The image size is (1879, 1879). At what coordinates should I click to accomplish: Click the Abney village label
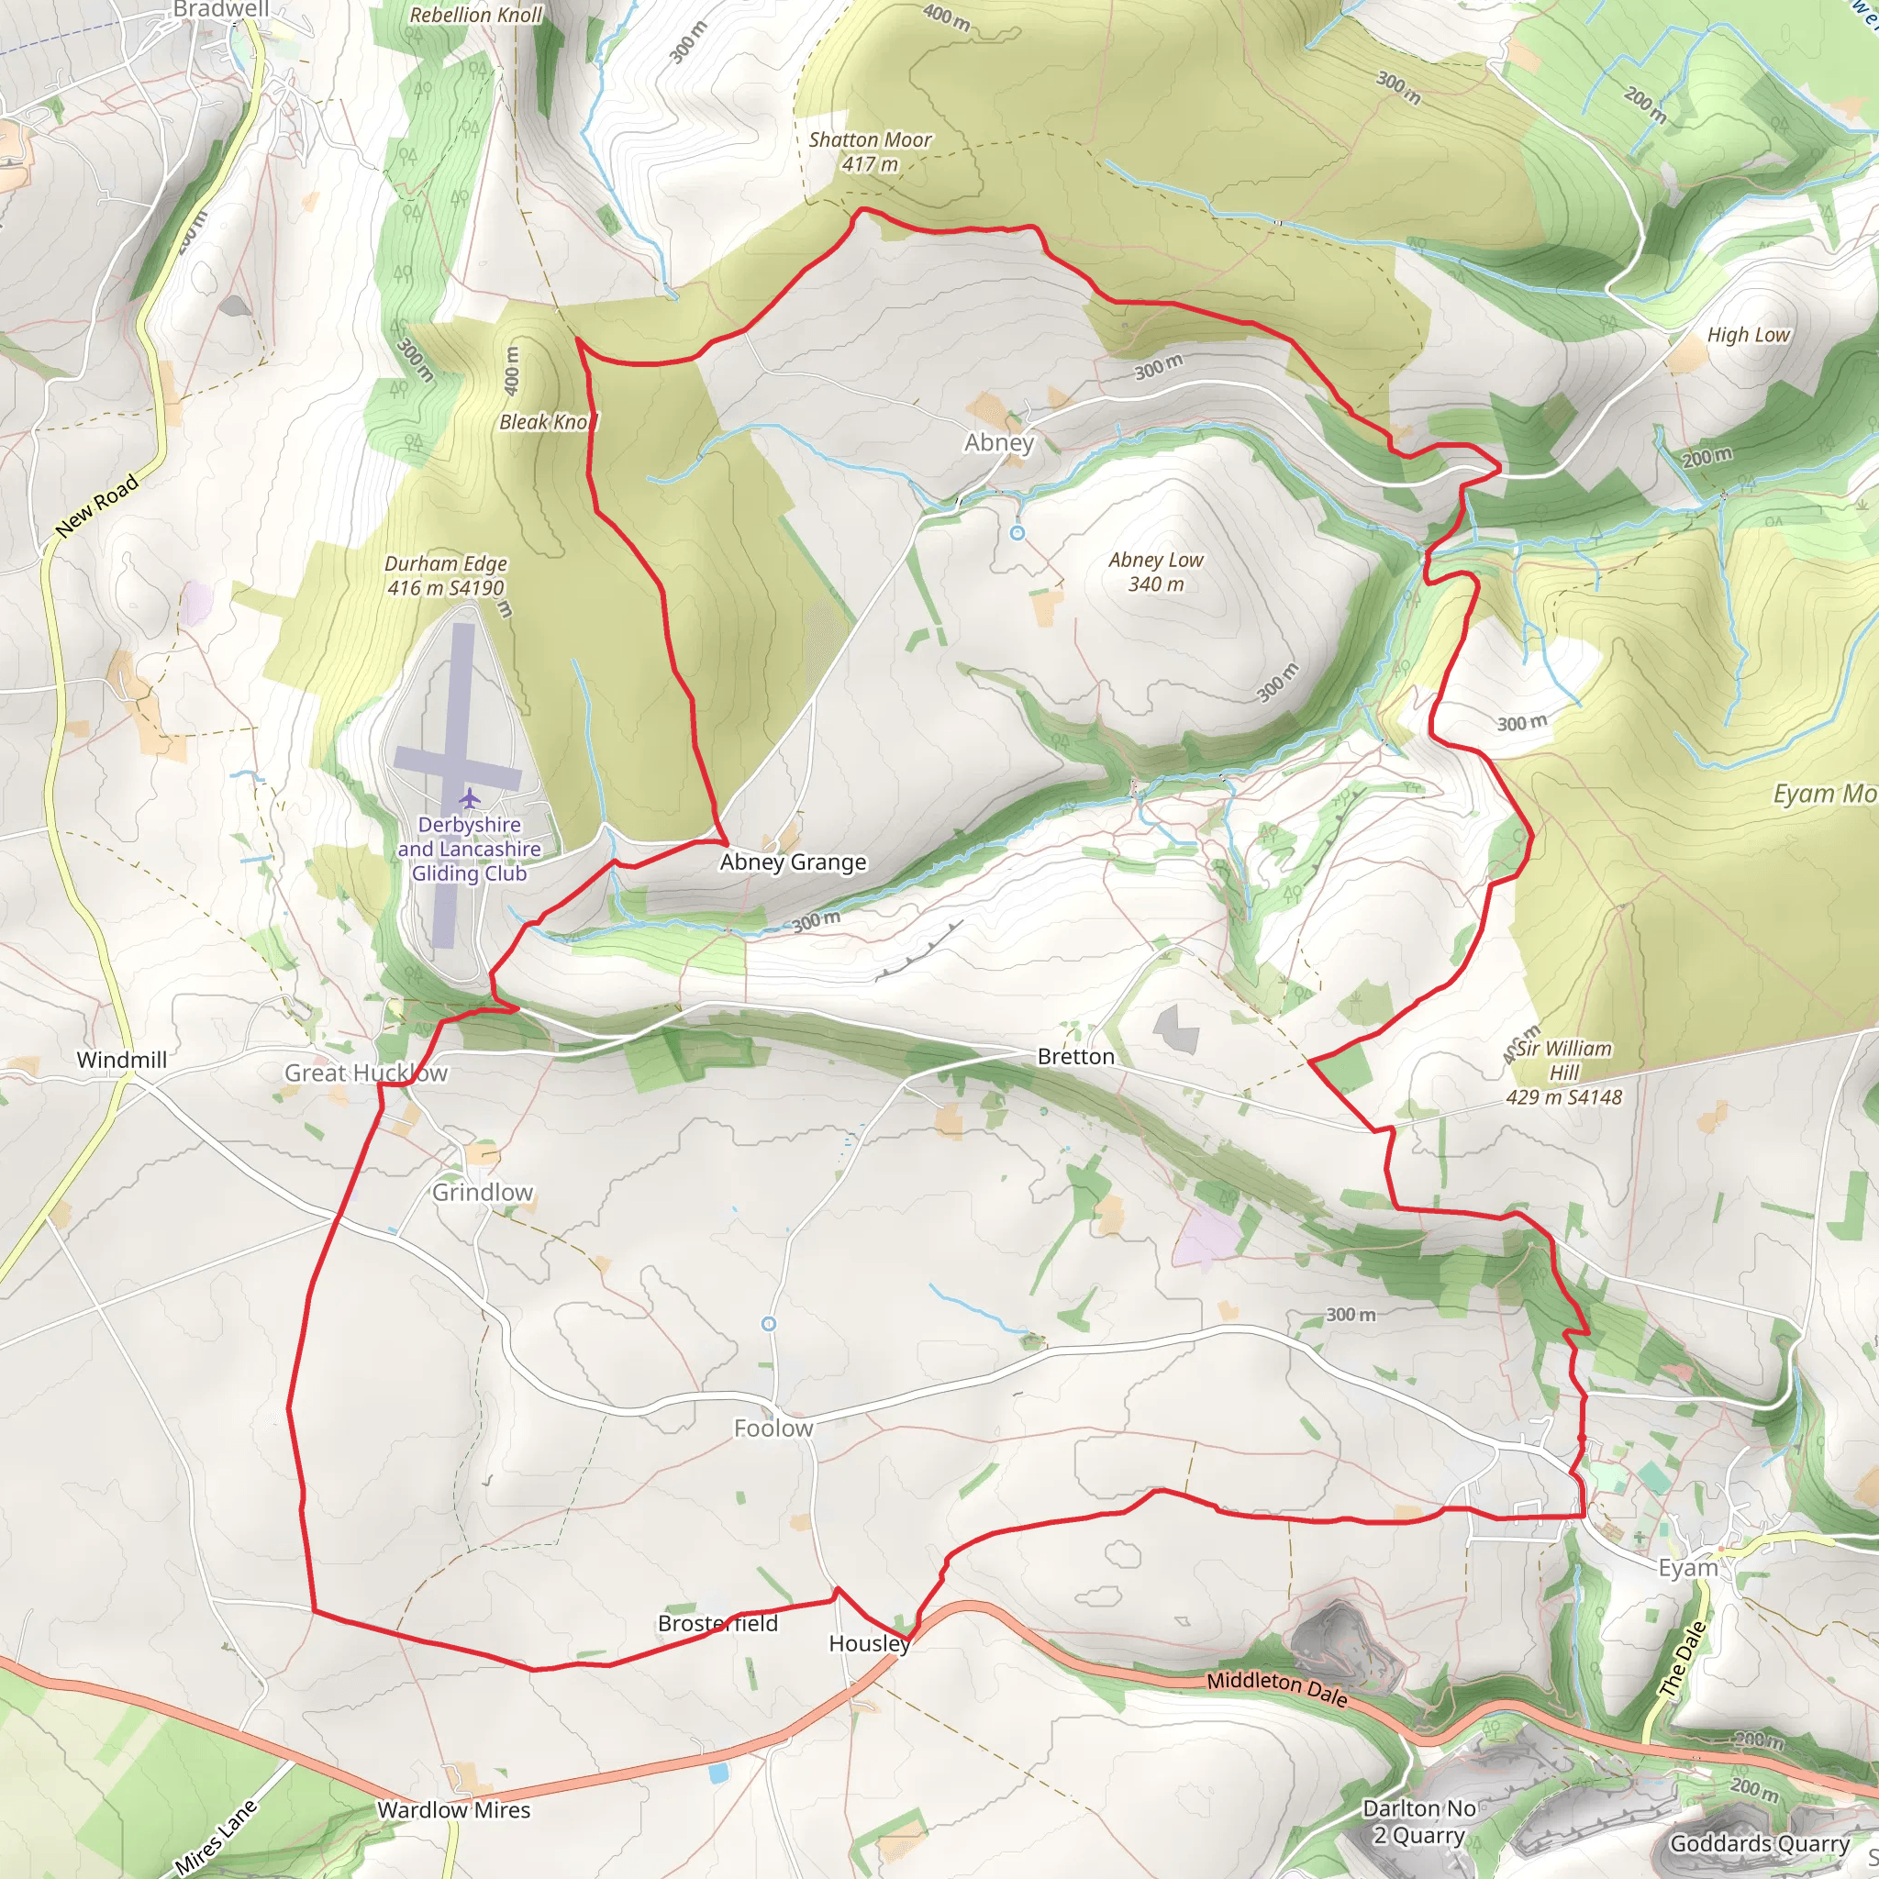999,442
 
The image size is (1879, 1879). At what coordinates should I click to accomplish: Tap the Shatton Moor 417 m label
870,151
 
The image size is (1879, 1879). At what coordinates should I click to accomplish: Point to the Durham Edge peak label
445,576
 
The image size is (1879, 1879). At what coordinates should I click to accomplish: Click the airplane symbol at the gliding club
471,799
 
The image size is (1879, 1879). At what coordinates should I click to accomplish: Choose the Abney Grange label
793,862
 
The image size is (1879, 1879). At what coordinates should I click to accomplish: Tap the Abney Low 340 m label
1155,572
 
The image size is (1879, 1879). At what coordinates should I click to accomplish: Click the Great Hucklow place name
366,1073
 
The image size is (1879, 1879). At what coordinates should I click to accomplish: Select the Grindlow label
483,1193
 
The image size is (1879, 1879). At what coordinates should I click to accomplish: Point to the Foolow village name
773,1428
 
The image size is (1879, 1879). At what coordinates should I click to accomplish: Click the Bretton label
1075,1056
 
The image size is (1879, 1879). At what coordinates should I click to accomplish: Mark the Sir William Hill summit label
1564,1073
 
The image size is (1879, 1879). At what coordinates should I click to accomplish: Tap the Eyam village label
1687,1568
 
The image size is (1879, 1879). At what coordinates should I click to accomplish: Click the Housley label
869,1642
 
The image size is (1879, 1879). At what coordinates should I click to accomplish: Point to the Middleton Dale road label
1277,1689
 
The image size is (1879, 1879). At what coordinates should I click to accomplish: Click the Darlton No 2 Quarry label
1419,1821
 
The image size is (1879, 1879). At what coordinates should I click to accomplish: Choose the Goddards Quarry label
1760,1843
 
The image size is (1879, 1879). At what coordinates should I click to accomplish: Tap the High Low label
1748,335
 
